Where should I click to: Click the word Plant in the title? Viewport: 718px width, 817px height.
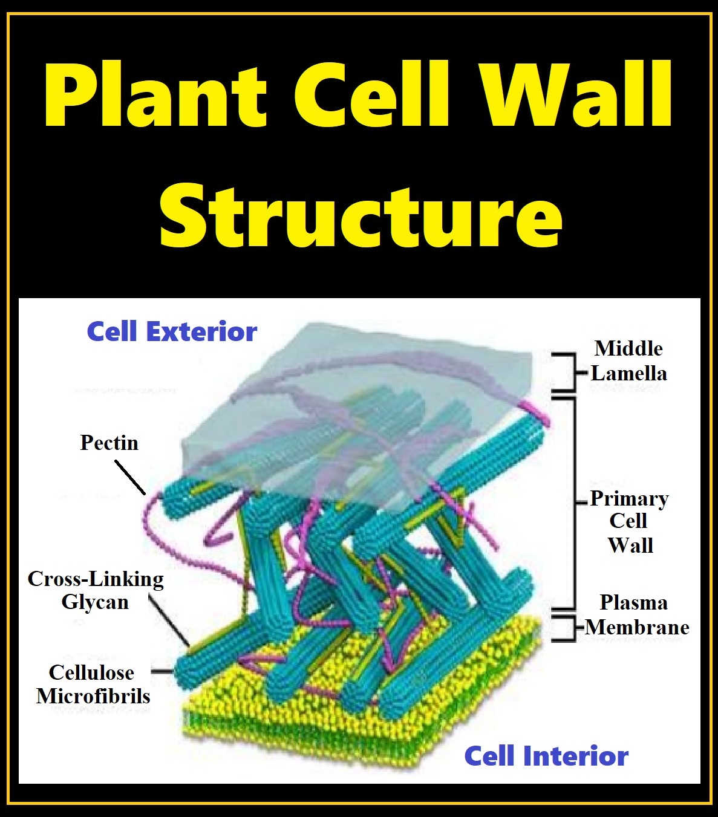pyautogui.click(x=155, y=95)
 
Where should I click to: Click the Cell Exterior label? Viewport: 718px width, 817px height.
pyautogui.click(x=172, y=332)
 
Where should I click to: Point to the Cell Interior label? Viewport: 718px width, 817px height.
pyautogui.click(x=547, y=756)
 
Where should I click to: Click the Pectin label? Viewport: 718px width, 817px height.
pyautogui.click(x=109, y=443)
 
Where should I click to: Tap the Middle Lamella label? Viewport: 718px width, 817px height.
pyautogui.click(x=628, y=361)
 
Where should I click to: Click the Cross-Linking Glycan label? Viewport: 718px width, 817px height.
pyautogui.click(x=96, y=590)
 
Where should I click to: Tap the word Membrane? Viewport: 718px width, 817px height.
pyautogui.click(x=637, y=627)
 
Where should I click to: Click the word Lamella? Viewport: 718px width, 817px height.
pyautogui.click(x=629, y=373)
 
